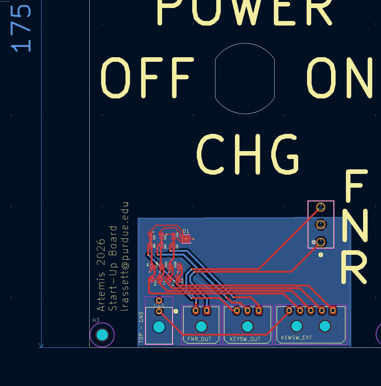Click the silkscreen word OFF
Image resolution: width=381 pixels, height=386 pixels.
coord(145,78)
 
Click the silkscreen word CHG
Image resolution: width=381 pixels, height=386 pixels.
coord(248,154)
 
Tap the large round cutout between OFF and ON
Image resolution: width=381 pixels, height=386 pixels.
coord(245,79)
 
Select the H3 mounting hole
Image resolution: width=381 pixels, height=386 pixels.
coord(102,335)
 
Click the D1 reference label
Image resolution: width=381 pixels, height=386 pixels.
coord(186,231)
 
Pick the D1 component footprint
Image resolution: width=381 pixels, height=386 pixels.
coord(186,239)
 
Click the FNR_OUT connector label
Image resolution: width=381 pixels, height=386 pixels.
coord(199,339)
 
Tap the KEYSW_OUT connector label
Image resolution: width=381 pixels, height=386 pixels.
coord(245,339)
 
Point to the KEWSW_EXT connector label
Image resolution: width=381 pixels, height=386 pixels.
coord(296,338)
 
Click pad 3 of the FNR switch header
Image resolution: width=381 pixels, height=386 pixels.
coord(321,207)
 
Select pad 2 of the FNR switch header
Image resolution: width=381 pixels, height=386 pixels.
coord(321,224)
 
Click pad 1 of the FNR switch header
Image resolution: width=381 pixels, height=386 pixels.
coord(321,241)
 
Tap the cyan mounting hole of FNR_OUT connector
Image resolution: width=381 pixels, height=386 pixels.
coord(201,326)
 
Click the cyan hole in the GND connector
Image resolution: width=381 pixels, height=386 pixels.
coord(159,327)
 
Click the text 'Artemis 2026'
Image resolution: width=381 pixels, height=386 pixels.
coord(101,275)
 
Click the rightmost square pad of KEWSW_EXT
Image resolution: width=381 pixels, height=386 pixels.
coord(333,311)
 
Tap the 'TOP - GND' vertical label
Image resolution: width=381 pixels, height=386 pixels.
coord(141,327)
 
